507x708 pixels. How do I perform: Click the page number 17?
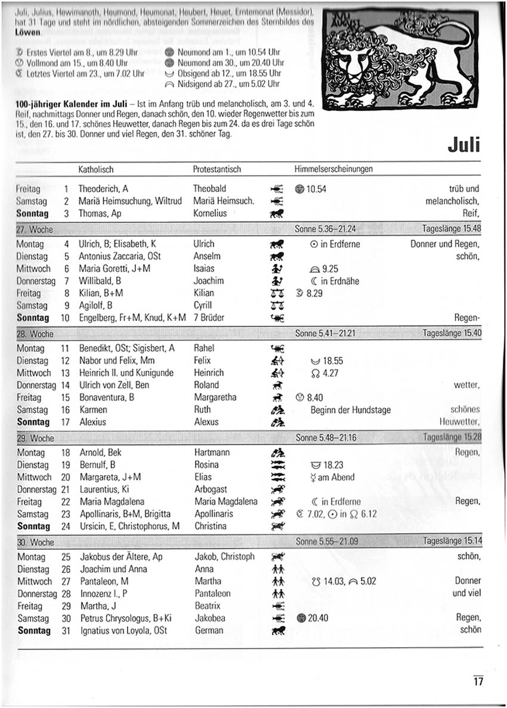pos(478,681)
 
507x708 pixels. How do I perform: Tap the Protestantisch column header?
pos(217,170)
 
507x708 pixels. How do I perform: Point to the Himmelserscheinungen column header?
pos(333,170)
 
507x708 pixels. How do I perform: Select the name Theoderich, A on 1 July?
pos(103,189)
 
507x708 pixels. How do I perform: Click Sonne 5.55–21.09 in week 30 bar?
pos(326,542)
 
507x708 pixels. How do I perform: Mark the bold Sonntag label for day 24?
pos(33,527)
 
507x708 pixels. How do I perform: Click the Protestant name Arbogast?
pos(211,490)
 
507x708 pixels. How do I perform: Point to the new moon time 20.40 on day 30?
pos(317,618)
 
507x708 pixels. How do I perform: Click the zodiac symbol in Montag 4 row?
pos(276,244)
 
